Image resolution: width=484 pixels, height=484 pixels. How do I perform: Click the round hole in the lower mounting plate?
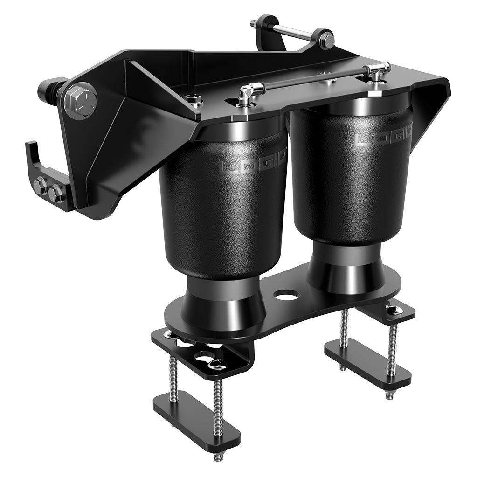[286, 295]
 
